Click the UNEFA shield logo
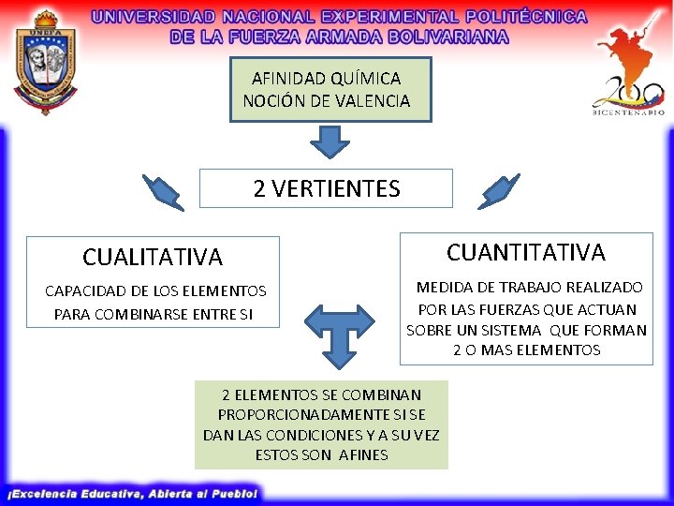point(44,60)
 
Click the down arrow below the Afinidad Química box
point(329,142)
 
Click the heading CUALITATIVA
point(153,257)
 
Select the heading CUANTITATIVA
point(526,252)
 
